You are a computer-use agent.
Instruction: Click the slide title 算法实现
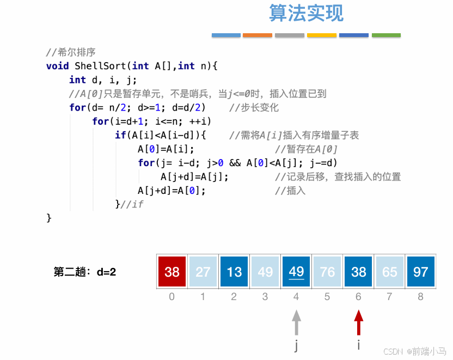[307, 13]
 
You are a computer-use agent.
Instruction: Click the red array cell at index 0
[172, 271]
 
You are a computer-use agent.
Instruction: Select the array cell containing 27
[203, 271]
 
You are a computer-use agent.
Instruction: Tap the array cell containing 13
[234, 271]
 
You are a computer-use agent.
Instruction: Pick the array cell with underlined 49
[296, 271]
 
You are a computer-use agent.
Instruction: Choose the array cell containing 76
[327, 271]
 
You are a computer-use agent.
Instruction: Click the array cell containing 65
[390, 271]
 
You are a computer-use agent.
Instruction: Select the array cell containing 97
[421, 271]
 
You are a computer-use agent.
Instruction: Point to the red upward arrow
[358, 322]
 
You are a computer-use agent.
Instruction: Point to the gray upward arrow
[296, 322]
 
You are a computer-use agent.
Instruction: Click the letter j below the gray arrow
[296, 345]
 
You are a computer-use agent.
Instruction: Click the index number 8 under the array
[421, 297]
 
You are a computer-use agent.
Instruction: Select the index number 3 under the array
[265, 297]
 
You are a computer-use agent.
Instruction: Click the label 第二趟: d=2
[84, 271]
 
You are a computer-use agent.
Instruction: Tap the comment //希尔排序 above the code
[71, 52]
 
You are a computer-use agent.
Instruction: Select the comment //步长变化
[254, 107]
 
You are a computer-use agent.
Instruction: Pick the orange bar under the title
[258, 35]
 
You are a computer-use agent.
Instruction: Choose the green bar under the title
[386, 35]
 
